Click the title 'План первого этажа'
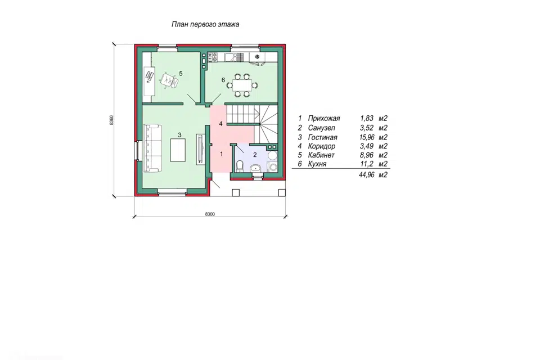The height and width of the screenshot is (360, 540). tap(205, 24)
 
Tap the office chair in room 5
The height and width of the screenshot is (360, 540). tap(169, 80)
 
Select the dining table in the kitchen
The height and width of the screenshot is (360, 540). tap(245, 85)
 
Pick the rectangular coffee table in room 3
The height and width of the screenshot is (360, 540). tap(178, 150)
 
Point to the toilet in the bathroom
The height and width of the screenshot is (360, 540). tap(240, 166)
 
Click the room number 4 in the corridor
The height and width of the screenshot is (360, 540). tap(220, 124)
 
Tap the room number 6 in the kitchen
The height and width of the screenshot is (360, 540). tap(223, 80)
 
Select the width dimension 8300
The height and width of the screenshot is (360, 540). tap(210, 214)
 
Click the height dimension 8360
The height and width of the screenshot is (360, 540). tap(111, 120)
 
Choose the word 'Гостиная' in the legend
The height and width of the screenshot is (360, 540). tap(322, 137)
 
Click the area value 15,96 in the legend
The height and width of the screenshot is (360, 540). tap(367, 137)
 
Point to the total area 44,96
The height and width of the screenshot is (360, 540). tap(366, 175)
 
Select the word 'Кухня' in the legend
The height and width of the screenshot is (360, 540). tap(317, 164)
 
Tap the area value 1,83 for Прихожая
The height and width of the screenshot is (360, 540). tap(367, 119)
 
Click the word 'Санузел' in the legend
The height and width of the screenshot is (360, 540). tap(321, 128)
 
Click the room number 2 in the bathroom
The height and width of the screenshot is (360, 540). tap(255, 155)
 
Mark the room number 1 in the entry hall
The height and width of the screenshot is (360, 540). tap(221, 154)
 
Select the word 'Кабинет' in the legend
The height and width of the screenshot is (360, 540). tap(321, 155)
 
